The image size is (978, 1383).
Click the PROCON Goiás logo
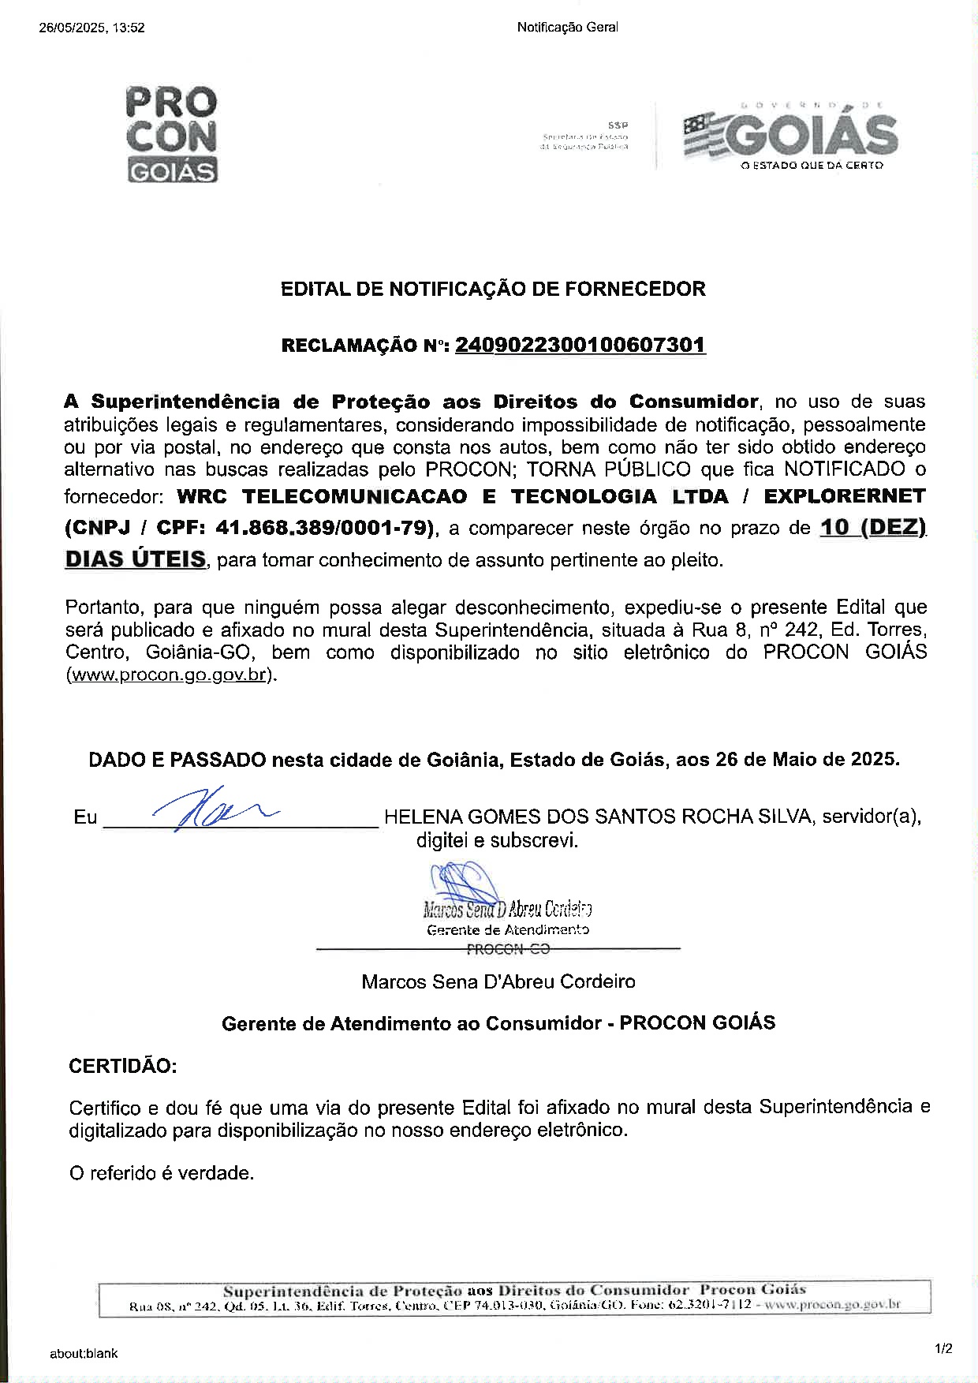point(171,134)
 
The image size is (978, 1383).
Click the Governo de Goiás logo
point(789,136)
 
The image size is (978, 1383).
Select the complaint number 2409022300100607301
point(580,345)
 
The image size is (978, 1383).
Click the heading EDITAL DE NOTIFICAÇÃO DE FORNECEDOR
point(493,289)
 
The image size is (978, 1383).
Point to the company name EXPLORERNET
point(844,496)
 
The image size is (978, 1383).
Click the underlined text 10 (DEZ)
point(872,526)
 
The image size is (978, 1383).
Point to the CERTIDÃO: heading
point(123,1066)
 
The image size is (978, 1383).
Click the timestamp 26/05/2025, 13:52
point(91,28)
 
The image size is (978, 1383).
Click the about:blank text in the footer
point(84,1353)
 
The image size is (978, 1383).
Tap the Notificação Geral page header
point(567,28)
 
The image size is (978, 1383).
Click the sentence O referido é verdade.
point(162,1173)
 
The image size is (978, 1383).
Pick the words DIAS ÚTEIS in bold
point(135,559)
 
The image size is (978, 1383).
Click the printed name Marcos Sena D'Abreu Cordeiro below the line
point(498,981)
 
